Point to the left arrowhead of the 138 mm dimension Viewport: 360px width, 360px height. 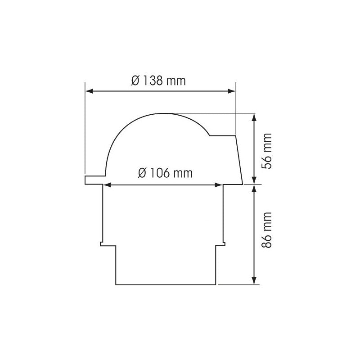89,91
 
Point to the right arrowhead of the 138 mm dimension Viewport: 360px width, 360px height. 232,91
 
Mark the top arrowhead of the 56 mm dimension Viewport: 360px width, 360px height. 255,117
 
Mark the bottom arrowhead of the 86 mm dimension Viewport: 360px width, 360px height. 255,281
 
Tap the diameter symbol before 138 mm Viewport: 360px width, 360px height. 135,81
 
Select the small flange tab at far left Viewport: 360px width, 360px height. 94,180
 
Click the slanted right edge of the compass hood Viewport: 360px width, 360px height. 239,160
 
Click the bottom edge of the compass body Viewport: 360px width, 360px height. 166,284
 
